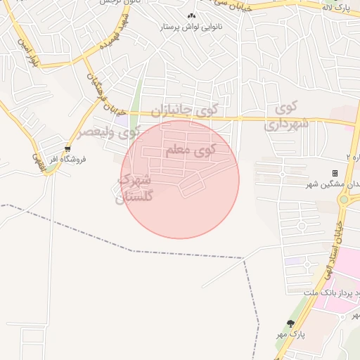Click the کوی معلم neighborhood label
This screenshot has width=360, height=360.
[x=191, y=150]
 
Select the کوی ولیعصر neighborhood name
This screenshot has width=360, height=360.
[x=108, y=132]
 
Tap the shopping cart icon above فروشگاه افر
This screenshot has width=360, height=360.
[x=67, y=148]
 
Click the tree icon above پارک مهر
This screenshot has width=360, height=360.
[x=291, y=323]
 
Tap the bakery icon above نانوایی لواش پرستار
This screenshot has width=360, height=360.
[x=191, y=16]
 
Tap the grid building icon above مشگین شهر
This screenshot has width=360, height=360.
[x=335, y=173]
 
